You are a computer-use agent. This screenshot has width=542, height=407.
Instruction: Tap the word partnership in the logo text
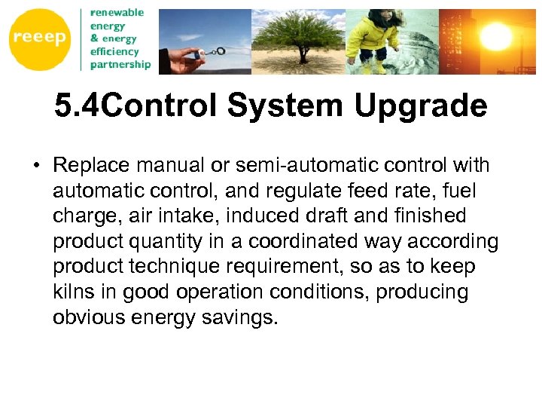tap(120, 65)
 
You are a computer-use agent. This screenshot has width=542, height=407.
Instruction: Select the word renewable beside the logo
tap(117, 13)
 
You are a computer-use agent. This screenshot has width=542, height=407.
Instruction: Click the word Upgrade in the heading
tap(421, 107)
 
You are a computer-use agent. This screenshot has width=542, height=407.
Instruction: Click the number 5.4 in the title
tap(76, 107)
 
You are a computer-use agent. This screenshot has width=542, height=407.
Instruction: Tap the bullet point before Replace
tap(37, 165)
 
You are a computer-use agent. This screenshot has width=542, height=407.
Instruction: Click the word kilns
tap(73, 292)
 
